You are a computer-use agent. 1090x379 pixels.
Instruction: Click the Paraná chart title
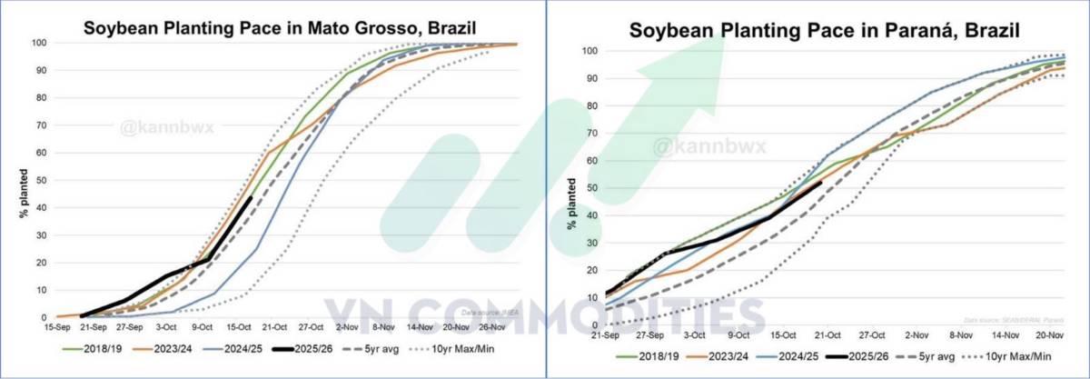pos(825,30)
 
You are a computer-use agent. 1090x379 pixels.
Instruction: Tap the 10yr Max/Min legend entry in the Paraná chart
pos(1020,358)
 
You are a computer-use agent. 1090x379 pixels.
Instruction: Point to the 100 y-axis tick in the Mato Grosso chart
pos(37,43)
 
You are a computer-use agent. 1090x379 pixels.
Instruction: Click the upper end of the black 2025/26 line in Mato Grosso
pos(252,196)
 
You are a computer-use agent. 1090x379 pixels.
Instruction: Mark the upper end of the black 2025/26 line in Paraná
pos(821,182)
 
